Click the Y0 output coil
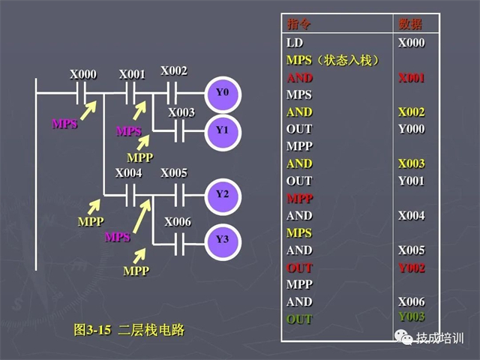222,93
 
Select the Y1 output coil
222,130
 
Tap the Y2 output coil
222,194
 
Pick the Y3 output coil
222,240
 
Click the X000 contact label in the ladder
83,74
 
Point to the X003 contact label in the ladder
181,112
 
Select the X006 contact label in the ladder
178,222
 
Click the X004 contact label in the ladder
129,173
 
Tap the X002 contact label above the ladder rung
174,70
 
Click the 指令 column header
298,24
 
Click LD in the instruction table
295,43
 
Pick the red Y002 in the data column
412,268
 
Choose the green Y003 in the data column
412,316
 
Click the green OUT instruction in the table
299,319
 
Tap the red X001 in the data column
412,77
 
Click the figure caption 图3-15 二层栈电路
129,329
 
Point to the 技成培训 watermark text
441,338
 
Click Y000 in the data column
412,129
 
